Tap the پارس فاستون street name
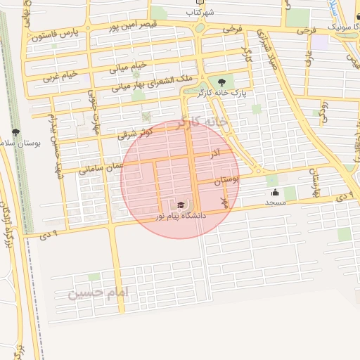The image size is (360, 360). pyautogui.click(x=56, y=33)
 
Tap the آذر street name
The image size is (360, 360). pyautogui.click(x=215, y=153)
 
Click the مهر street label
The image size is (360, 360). pyautogui.click(x=225, y=202)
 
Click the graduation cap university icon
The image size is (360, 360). pyautogui.click(x=181, y=205)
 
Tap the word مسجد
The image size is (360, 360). pyautogui.click(x=274, y=202)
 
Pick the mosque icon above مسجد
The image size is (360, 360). pyautogui.click(x=274, y=192)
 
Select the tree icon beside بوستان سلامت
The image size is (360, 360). pyautogui.click(x=16, y=131)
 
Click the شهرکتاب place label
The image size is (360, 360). pyautogui.click(x=200, y=13)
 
